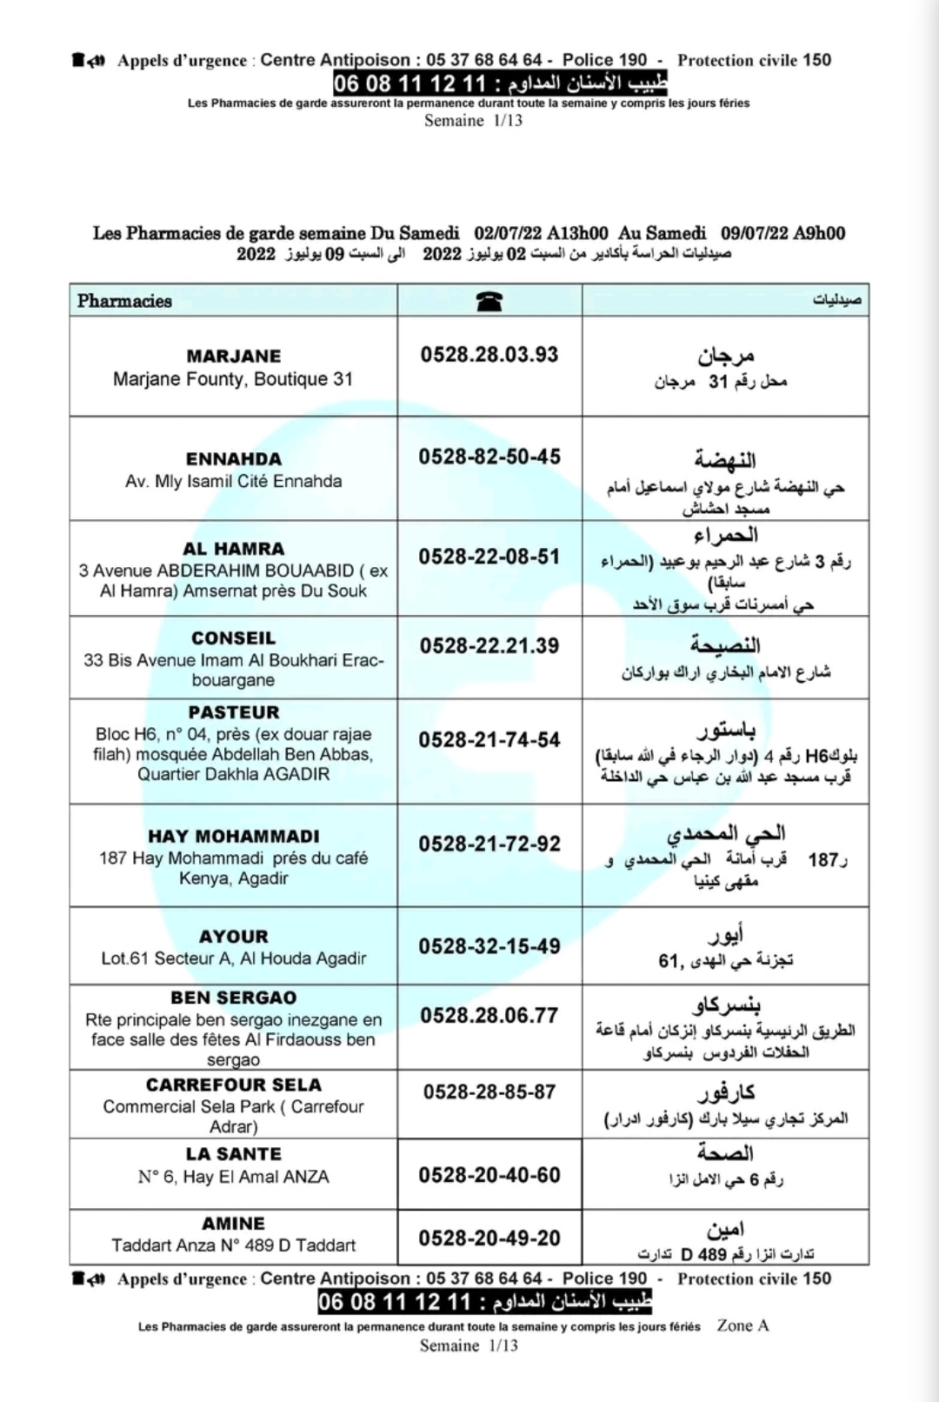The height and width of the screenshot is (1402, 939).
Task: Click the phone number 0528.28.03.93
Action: [x=489, y=355]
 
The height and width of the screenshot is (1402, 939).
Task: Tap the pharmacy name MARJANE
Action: [x=233, y=357]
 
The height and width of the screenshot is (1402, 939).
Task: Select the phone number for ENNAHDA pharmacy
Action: [x=489, y=457]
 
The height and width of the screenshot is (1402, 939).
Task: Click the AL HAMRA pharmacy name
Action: [x=233, y=549]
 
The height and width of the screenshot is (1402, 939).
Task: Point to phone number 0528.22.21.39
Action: [x=489, y=646]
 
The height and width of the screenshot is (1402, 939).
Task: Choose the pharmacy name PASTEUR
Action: [x=233, y=712]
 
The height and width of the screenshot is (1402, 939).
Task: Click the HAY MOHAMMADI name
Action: [x=233, y=837]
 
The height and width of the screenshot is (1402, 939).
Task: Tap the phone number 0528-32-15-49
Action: [x=489, y=946]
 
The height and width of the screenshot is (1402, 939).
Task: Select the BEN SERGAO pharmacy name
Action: [x=233, y=998]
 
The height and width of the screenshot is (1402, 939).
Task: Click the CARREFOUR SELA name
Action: [x=233, y=1085]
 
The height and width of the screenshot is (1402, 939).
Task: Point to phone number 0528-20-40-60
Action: [x=489, y=1175]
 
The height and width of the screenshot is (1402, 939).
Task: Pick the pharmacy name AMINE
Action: [x=233, y=1224]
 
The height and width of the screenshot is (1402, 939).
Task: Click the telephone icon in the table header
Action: [x=489, y=301]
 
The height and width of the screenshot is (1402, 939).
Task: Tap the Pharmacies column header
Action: [x=124, y=301]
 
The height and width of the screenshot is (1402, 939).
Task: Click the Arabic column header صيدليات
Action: [x=836, y=301]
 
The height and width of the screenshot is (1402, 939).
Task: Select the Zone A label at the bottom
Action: [x=743, y=1325]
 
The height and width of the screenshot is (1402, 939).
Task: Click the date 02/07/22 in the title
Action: [x=508, y=233]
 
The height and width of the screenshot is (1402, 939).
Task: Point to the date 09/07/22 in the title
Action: [x=754, y=233]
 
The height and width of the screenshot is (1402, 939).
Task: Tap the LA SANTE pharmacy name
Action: [x=233, y=1154]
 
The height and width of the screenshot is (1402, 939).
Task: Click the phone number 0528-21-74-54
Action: [x=489, y=740]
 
